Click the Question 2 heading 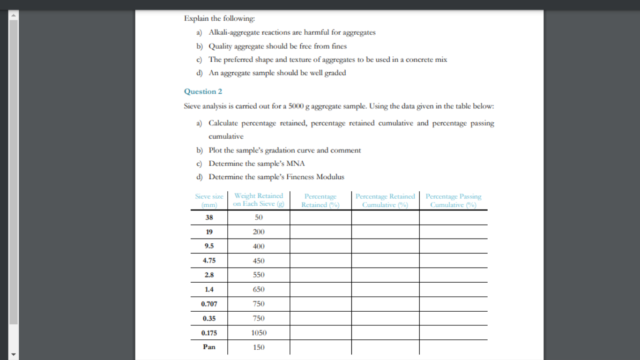pyautogui.click(x=203, y=91)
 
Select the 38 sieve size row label pyautogui.click(x=209, y=217)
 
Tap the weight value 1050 pyautogui.click(x=259, y=333)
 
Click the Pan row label pyautogui.click(x=209, y=347)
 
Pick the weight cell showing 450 pyautogui.click(x=259, y=261)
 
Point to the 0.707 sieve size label pyautogui.click(x=209, y=304)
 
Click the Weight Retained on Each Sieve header pyautogui.click(x=259, y=200)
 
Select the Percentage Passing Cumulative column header pyautogui.click(x=453, y=200)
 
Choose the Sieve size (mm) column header pyautogui.click(x=209, y=200)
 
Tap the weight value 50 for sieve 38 pyautogui.click(x=259, y=217)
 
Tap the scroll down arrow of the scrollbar pyautogui.click(x=14, y=354)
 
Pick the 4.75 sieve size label pyautogui.click(x=209, y=261)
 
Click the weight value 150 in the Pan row pyautogui.click(x=259, y=347)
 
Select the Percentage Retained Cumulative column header pyautogui.click(x=385, y=200)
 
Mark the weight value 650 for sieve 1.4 pyautogui.click(x=259, y=290)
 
